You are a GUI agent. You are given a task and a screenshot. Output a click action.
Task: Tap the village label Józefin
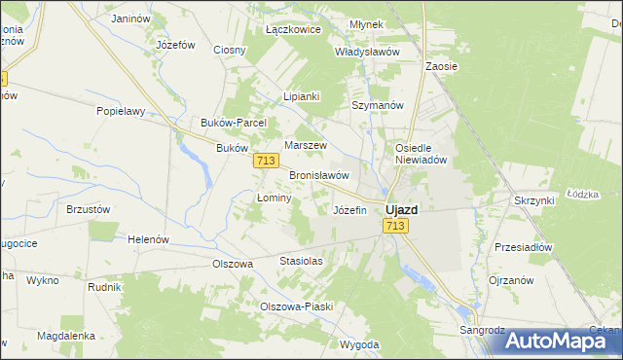click(x=350, y=210)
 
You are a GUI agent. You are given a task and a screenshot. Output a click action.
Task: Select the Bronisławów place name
click(x=319, y=175)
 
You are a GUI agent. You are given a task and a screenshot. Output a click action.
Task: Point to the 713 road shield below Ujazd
click(x=394, y=226)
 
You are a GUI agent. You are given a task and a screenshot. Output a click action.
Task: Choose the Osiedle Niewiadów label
click(x=420, y=154)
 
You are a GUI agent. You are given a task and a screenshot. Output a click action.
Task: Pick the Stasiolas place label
click(x=301, y=262)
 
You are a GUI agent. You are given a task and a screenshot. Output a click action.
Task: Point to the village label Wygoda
click(x=359, y=344)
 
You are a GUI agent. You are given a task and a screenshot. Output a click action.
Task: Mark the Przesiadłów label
click(x=523, y=247)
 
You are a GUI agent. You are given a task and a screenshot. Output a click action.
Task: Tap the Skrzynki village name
click(x=533, y=199)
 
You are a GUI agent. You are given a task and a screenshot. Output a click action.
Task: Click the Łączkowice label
click(x=293, y=29)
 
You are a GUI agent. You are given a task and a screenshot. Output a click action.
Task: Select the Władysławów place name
click(x=368, y=52)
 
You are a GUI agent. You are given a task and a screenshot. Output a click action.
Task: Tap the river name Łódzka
click(x=581, y=194)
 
